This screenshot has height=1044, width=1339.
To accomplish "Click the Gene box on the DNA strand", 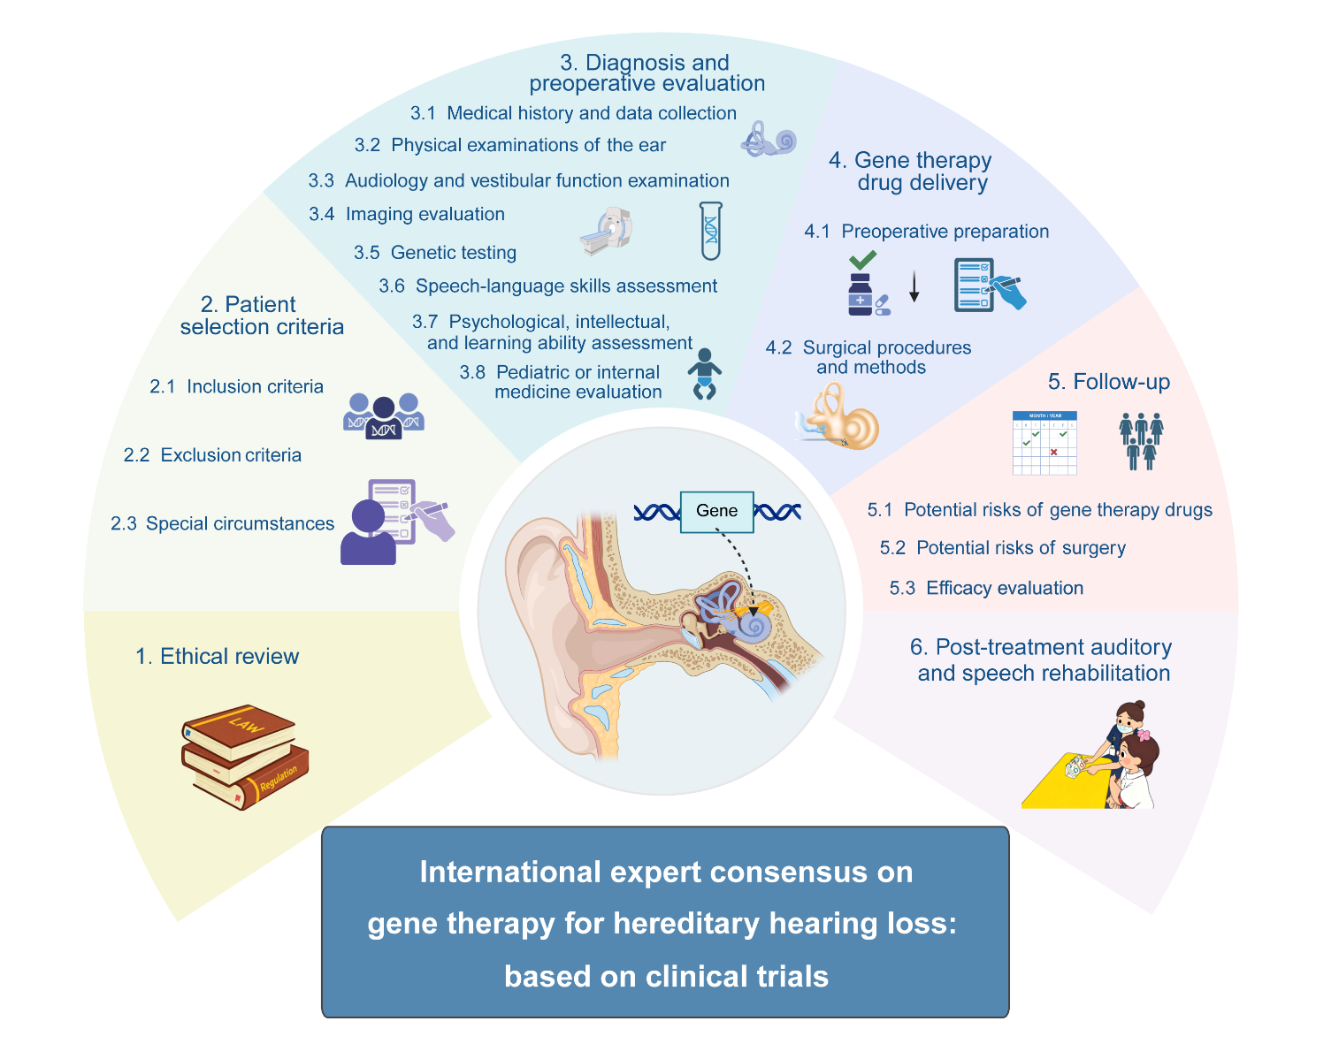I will [716, 512].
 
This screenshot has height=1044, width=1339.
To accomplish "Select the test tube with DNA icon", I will [710, 230].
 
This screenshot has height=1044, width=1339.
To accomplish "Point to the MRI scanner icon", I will [607, 232].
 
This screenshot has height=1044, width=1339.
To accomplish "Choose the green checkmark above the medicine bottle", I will [862, 260].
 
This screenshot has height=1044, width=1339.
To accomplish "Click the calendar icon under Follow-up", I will [1044, 443].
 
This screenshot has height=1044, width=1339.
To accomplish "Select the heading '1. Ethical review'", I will [217, 656].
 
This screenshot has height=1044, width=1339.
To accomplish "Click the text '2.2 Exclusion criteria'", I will [212, 455].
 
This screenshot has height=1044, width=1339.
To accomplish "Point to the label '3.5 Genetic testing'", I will [435, 253].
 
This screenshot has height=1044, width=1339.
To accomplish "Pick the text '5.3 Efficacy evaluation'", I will [986, 588].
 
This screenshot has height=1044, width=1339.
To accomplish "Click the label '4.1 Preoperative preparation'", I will [926, 232].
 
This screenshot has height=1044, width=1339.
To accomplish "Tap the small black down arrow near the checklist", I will [914, 288].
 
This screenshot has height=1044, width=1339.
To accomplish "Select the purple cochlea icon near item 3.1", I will [769, 140].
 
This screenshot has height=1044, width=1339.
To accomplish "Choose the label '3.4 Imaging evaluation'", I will [407, 214].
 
